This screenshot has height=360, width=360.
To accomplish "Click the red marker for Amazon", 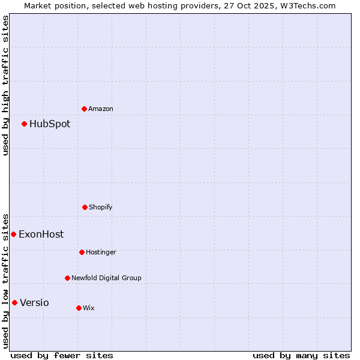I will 85,109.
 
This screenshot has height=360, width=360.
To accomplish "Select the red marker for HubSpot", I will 25,124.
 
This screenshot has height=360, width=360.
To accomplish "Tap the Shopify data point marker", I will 85,207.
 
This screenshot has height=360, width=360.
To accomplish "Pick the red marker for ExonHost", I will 13,234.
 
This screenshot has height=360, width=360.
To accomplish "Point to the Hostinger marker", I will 82,252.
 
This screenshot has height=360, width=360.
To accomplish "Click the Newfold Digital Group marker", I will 67,278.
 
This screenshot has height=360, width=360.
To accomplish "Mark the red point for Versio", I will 14,302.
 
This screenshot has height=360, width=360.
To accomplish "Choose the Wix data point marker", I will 79,308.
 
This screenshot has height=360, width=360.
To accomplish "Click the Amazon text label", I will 101,109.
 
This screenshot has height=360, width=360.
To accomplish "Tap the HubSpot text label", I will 50,124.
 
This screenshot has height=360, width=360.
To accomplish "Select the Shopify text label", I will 101,207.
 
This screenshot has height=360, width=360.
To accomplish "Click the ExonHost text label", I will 41,234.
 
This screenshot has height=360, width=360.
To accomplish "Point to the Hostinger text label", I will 101,252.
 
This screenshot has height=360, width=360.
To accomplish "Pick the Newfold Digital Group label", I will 106,278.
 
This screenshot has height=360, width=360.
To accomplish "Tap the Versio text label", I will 34,302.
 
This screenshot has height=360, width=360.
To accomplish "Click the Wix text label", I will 89,308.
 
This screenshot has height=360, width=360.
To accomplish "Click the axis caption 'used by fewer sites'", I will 62,355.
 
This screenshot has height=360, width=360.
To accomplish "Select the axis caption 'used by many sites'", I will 301,355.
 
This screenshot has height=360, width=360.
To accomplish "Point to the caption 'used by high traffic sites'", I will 5,85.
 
